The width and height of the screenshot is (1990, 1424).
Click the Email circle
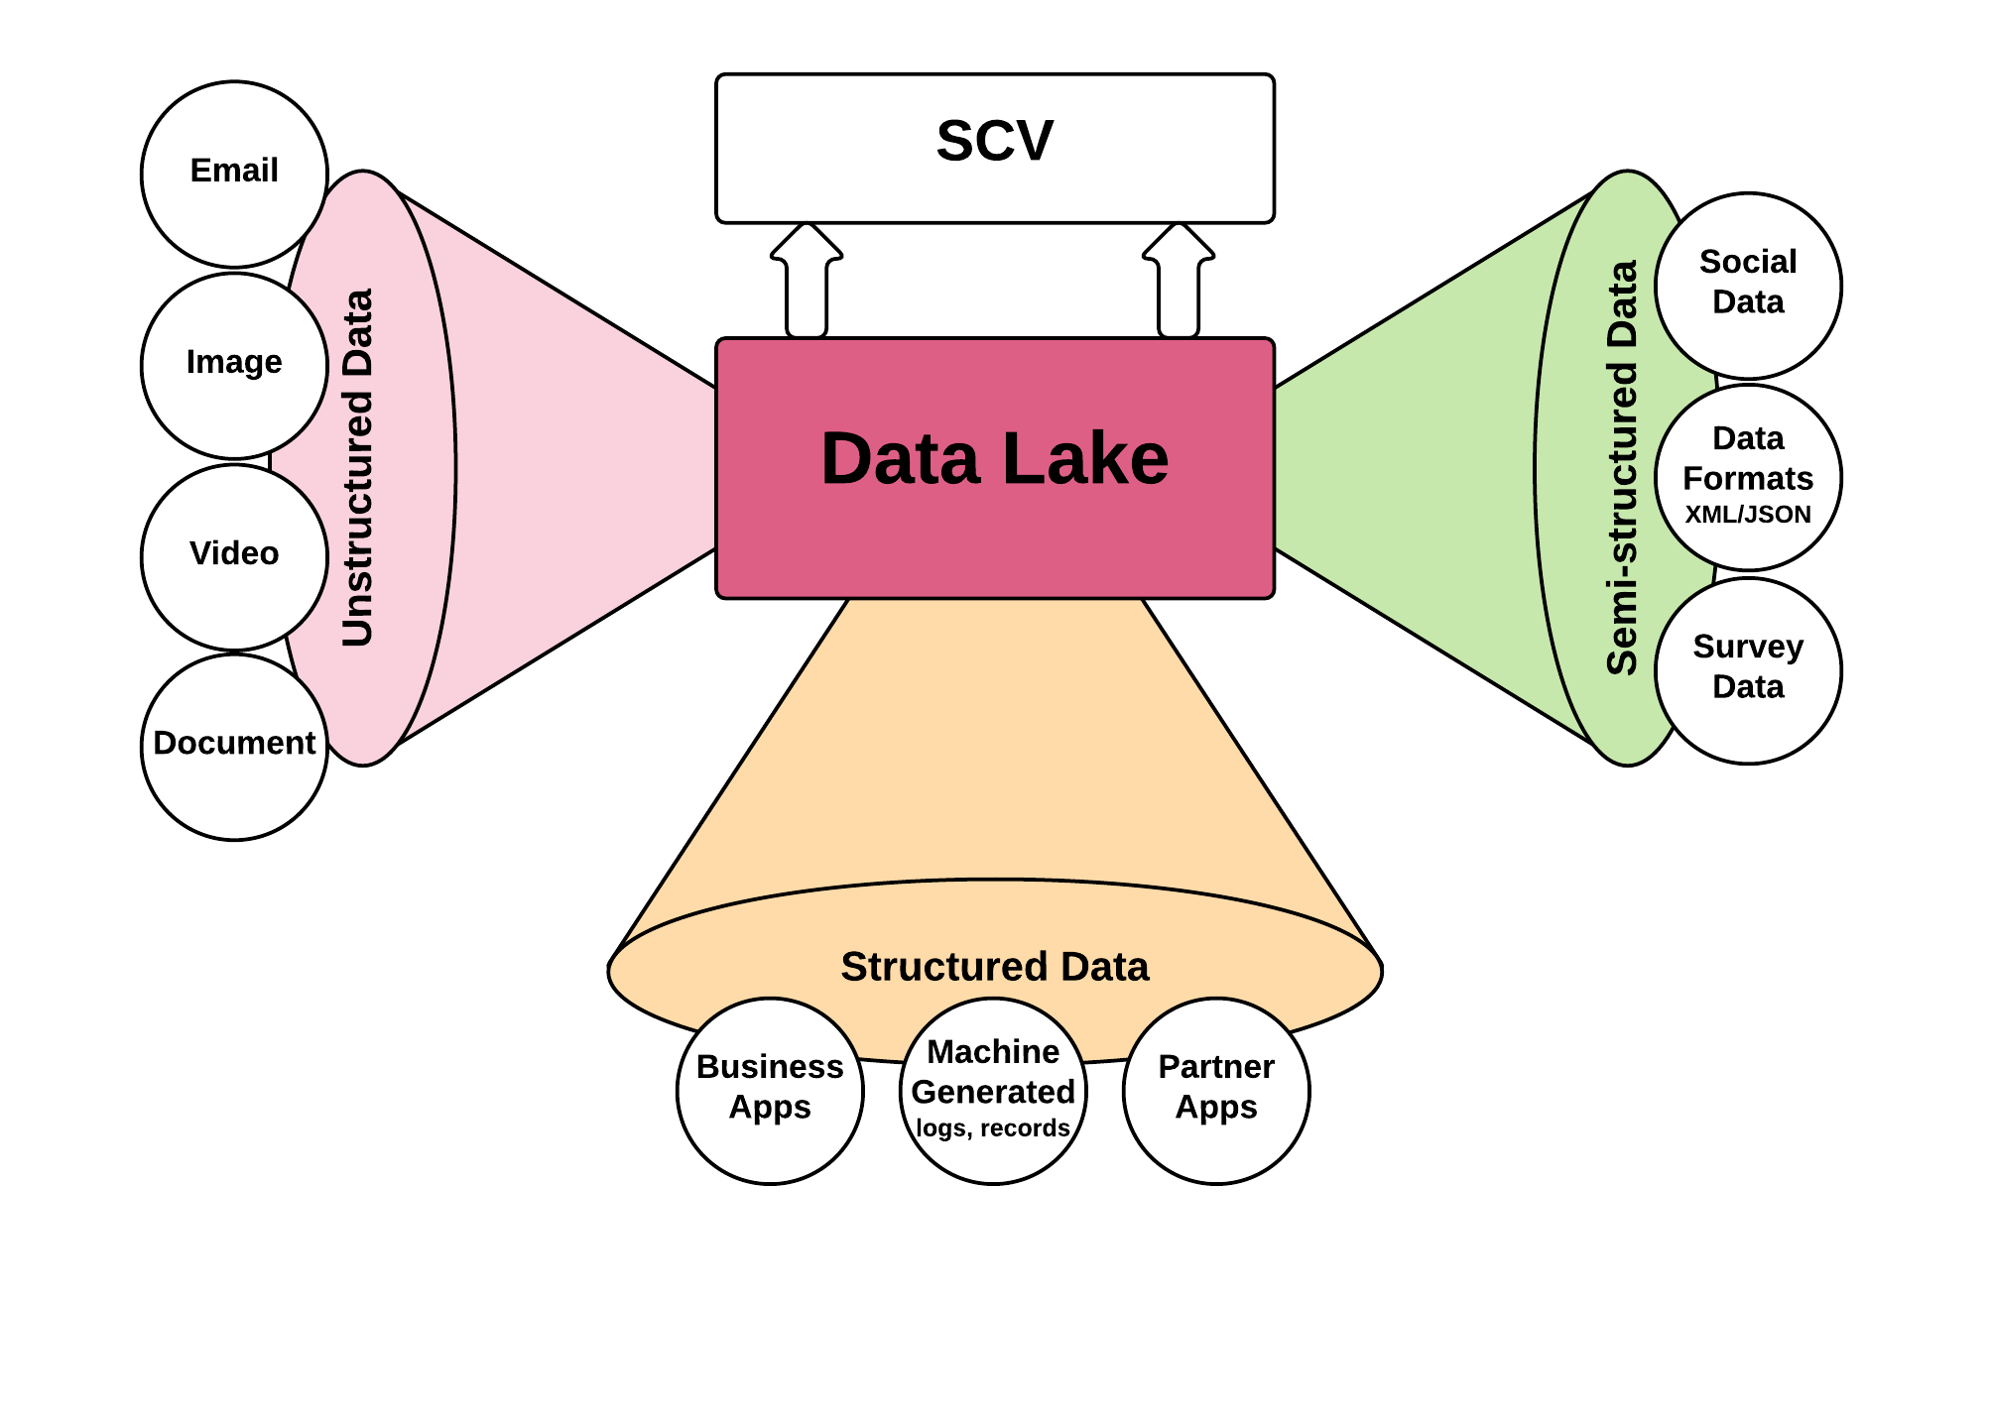[234, 174]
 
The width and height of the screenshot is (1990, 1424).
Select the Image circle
[234, 365]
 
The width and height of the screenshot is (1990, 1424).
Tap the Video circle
[234, 556]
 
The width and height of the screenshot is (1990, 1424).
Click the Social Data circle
[1748, 285]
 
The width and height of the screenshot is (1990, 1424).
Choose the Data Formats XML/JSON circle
[1748, 477]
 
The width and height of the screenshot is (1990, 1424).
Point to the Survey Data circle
[1748, 670]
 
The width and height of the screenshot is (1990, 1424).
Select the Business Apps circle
[770, 1090]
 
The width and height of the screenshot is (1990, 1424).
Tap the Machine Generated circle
[993, 1090]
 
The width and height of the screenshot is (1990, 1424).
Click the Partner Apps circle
[1216, 1090]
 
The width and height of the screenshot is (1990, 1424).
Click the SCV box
[995, 148]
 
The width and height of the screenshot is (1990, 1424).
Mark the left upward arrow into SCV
[807, 283]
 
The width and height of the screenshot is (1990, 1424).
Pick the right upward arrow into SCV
[1179, 283]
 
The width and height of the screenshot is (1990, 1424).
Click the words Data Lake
[995, 459]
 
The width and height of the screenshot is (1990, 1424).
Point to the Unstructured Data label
[357, 468]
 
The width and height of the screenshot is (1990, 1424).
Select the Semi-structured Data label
[1622, 468]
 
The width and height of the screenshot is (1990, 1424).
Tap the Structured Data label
[995, 967]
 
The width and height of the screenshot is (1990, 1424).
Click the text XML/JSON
[1748, 515]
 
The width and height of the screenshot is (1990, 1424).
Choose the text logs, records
[993, 1128]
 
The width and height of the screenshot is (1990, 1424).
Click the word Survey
[1748, 647]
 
